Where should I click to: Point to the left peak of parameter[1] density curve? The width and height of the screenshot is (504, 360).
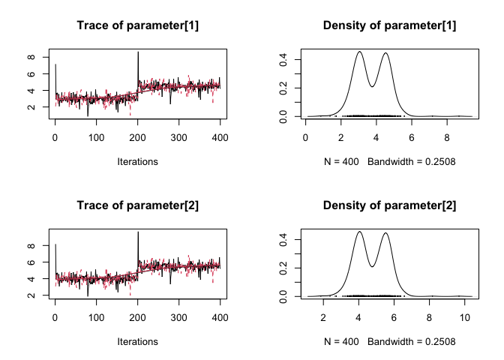pos(360,52)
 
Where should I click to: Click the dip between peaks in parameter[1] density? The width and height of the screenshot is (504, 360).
pos(373,86)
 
